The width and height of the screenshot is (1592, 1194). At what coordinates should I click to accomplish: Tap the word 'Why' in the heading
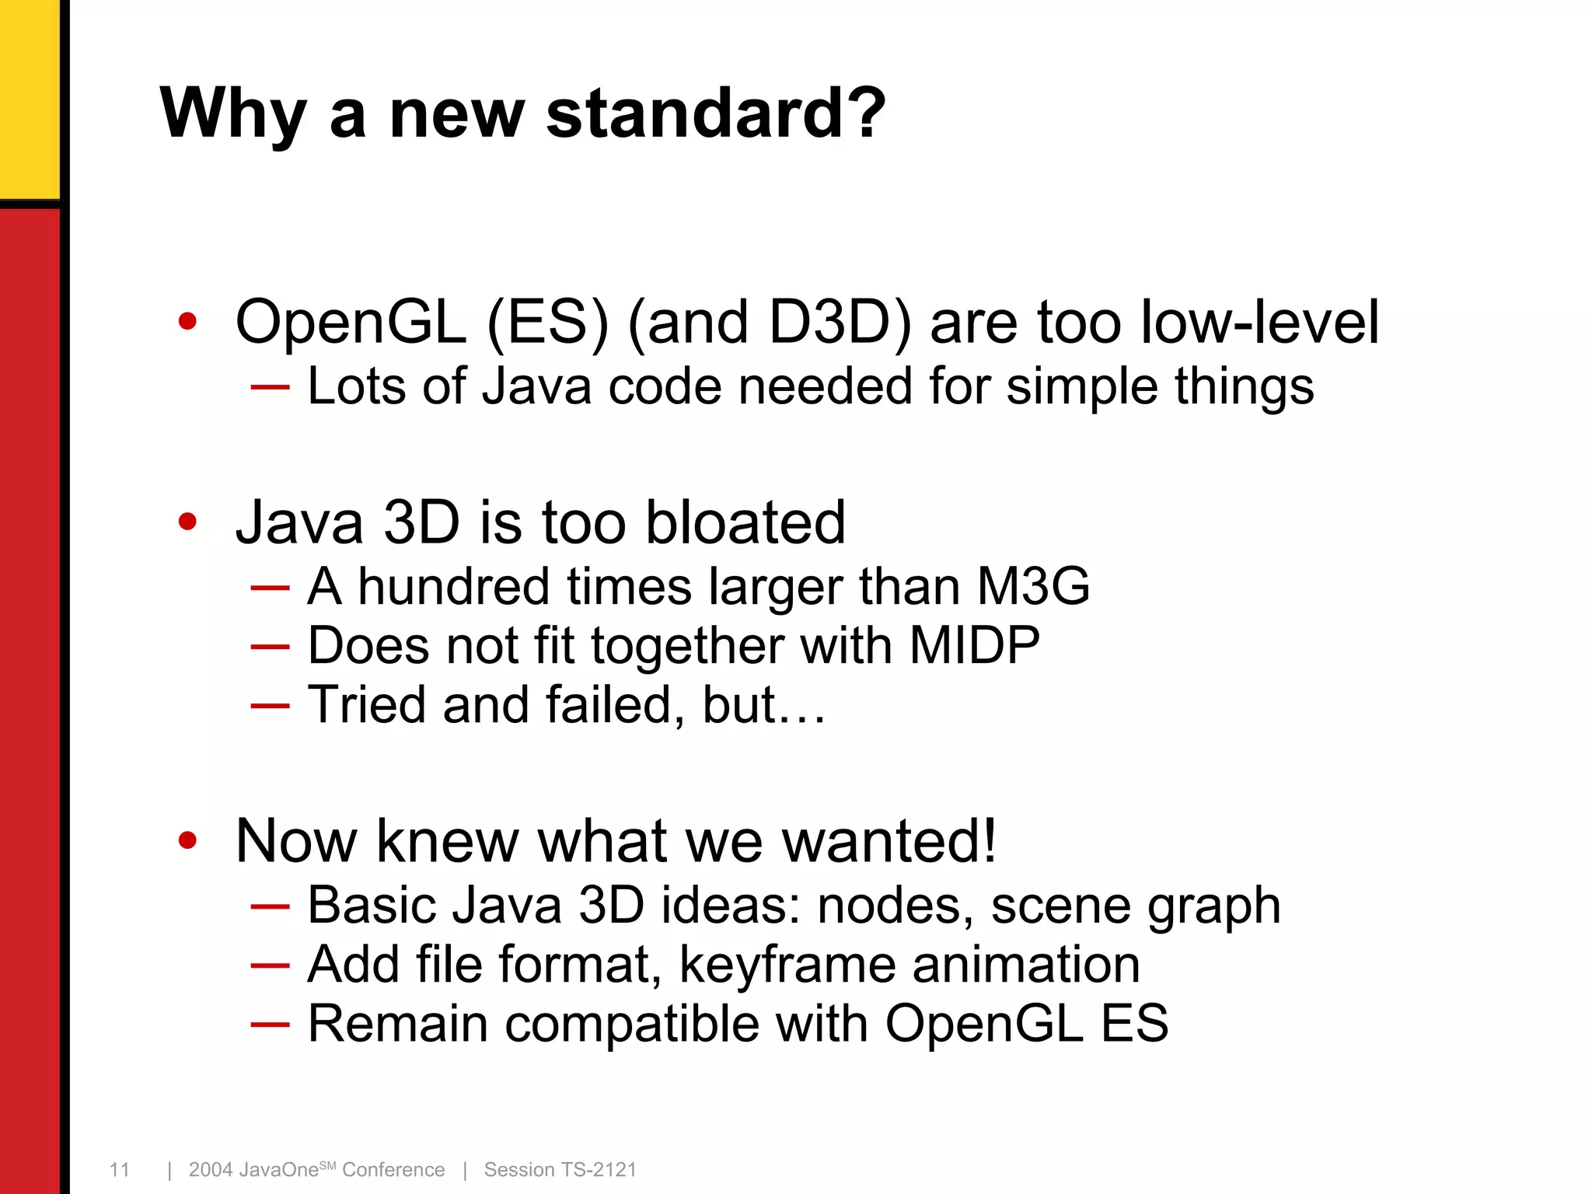pos(232,113)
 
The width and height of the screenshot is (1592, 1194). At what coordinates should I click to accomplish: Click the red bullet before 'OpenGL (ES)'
pos(187,321)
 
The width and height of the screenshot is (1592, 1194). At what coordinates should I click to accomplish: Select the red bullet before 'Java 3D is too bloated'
pos(187,522)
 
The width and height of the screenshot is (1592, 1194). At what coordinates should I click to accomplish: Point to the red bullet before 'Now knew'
pos(187,840)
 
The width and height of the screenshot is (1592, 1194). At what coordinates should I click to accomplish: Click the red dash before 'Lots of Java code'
pos(271,386)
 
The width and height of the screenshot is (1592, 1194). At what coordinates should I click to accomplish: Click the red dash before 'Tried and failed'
pos(271,705)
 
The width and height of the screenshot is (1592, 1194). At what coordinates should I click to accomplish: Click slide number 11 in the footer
pos(120,1169)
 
